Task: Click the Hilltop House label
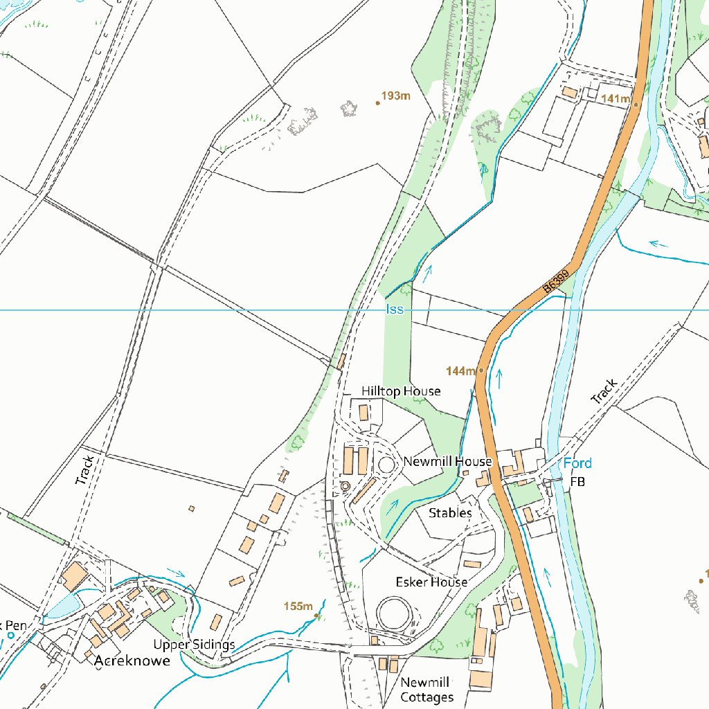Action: (401, 392)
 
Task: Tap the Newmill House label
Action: (447, 462)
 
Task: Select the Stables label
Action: (450, 513)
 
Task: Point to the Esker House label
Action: (431, 582)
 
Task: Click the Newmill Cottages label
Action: (427, 690)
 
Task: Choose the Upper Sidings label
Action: (194, 645)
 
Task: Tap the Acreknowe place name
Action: (132, 661)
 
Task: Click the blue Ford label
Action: (577, 463)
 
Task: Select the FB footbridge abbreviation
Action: (577, 482)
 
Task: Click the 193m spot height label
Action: (395, 96)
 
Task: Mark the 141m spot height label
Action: (615, 99)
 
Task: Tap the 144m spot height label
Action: (460, 372)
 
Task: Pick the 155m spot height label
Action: (298, 607)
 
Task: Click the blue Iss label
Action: (394, 310)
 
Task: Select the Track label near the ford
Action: (603, 391)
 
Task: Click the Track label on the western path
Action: (84, 469)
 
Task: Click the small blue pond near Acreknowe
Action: (62, 607)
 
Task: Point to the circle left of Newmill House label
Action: (386, 464)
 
